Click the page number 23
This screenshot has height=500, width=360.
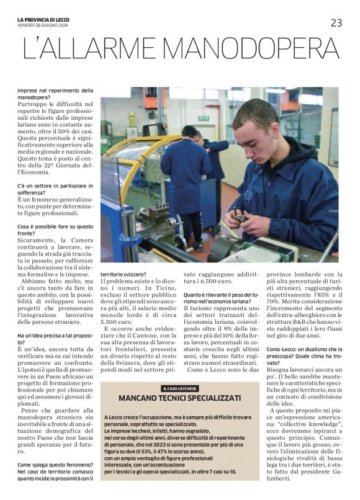(336, 23)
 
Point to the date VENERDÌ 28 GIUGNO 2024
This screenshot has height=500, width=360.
(43, 25)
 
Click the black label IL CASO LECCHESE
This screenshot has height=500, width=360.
(180, 388)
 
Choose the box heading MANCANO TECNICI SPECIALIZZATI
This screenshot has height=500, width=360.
(180, 398)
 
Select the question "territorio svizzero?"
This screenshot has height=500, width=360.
(124, 274)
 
